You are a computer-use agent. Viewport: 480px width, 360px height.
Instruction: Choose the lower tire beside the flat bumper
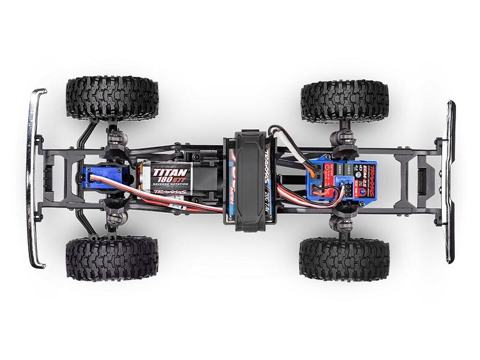coord(344,259)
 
